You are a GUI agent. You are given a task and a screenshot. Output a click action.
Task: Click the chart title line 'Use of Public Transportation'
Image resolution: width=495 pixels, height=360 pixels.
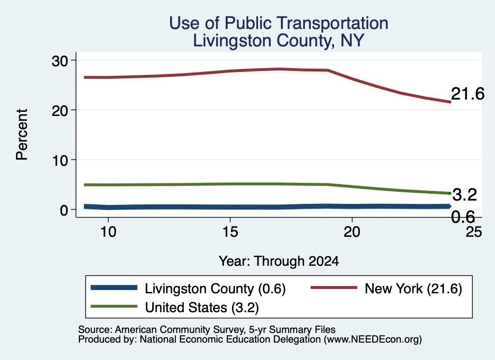pos(278,23)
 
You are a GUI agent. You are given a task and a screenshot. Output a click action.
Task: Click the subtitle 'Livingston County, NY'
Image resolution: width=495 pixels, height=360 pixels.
pos(278,41)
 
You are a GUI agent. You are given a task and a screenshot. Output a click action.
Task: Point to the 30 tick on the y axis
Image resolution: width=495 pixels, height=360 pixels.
pos(60,61)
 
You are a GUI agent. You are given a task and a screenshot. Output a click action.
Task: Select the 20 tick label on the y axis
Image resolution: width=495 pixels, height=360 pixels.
pos(60,111)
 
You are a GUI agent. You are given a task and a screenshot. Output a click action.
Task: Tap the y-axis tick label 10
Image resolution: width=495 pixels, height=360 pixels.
pos(60,160)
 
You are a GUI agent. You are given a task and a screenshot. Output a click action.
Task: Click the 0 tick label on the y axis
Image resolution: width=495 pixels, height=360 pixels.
pos(64,210)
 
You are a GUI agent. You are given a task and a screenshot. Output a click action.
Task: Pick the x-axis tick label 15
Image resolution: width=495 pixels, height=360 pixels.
pos(230,232)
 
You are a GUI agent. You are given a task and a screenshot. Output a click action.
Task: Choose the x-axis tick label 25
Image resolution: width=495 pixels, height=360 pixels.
pos(474,232)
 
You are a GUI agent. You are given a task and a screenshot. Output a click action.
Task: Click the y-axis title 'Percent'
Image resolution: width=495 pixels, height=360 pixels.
pos(22,135)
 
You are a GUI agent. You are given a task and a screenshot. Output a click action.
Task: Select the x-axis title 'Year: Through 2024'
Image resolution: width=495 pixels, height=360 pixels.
pos(279,261)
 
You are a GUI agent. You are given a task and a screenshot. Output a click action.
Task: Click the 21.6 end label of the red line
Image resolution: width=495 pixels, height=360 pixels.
pos(467,94)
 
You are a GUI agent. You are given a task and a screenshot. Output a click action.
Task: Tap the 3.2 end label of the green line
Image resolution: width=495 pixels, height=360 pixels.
pos(465,195)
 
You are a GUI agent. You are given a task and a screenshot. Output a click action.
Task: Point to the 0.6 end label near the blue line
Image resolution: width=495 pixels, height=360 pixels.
pos(463,217)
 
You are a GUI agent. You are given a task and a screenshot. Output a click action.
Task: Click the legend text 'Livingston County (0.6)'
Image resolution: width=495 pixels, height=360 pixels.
pos(215,288)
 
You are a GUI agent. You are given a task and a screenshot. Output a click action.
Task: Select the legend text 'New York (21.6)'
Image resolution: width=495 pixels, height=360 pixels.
pos(414,288)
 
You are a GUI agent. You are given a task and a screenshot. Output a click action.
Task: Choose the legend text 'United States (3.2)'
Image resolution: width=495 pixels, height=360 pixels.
pos(202,307)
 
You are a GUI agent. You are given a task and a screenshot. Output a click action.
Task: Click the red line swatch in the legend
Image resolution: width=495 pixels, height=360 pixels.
pos(334,288)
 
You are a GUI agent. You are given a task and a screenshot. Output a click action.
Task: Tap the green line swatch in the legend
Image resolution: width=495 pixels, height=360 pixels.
pos(114,306)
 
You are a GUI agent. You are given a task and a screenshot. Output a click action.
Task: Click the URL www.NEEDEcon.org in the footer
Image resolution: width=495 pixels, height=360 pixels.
pos(373,340)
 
